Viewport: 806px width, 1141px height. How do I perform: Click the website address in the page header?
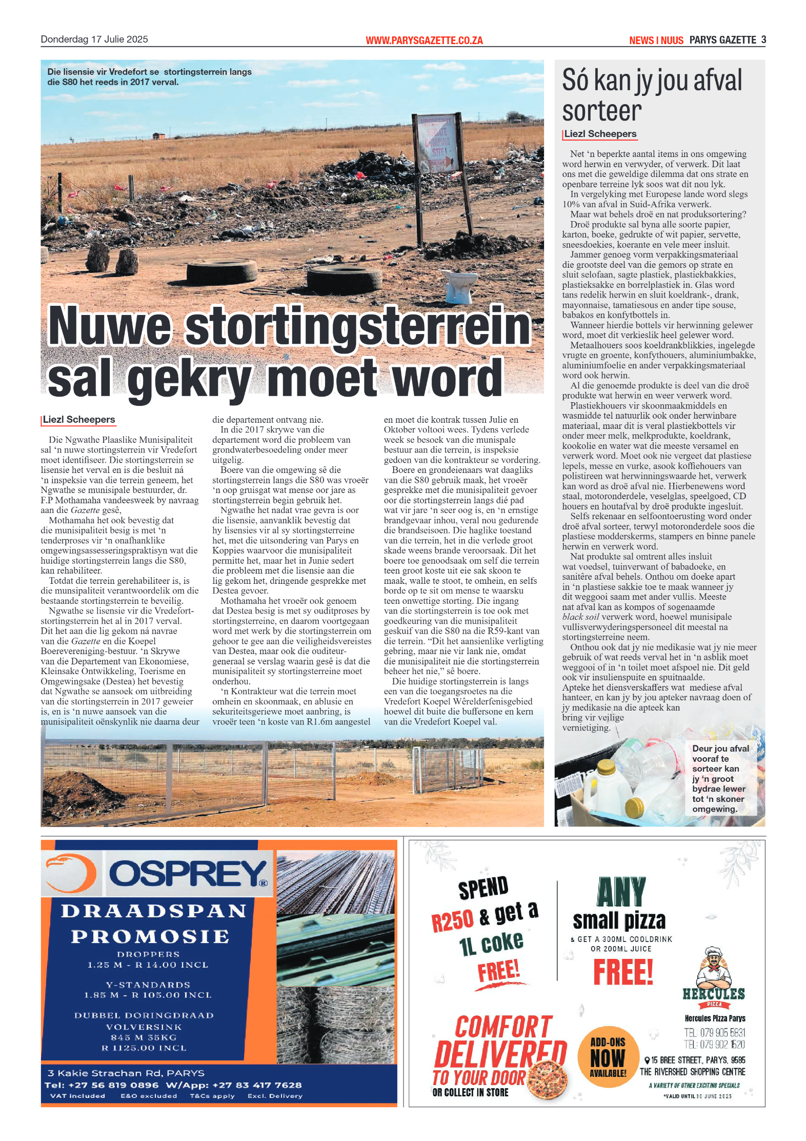point(424,41)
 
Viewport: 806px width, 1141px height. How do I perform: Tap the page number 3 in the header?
point(763,40)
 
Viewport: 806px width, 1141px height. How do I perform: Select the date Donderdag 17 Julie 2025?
point(94,40)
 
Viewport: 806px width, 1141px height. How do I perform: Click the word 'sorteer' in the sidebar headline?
point(601,111)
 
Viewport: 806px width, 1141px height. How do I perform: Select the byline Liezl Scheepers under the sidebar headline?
point(600,134)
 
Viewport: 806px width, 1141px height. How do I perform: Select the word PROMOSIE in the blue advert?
point(150,937)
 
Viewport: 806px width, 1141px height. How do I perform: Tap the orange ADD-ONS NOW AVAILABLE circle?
point(608,1056)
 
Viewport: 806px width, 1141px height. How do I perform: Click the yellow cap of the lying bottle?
point(634,808)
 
